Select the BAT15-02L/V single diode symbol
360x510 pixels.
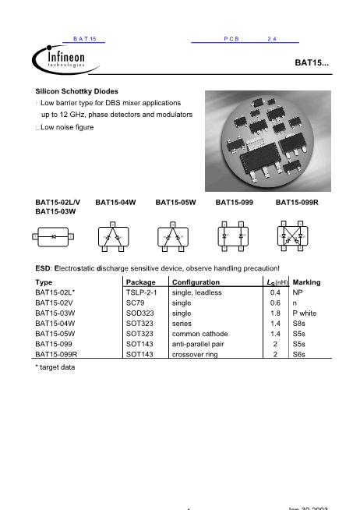pyautogui.click(x=54, y=236)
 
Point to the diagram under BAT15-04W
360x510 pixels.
pyautogui.click(x=111, y=236)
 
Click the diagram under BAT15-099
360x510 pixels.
pyautogui.click(x=234, y=236)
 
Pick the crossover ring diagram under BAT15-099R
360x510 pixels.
pyautogui.click(x=293, y=236)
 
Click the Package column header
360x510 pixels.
pyautogui.click(x=141, y=282)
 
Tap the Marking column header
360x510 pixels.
pyautogui.click(x=306, y=282)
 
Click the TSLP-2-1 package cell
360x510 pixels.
pyautogui.click(x=142, y=292)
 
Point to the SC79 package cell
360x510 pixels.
pyautogui.click(x=135, y=303)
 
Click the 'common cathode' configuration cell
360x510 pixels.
pyautogui.click(x=199, y=333)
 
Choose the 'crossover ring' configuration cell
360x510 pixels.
pyautogui.click(x=196, y=353)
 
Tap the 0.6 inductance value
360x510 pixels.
pyautogui.click(x=275, y=303)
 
